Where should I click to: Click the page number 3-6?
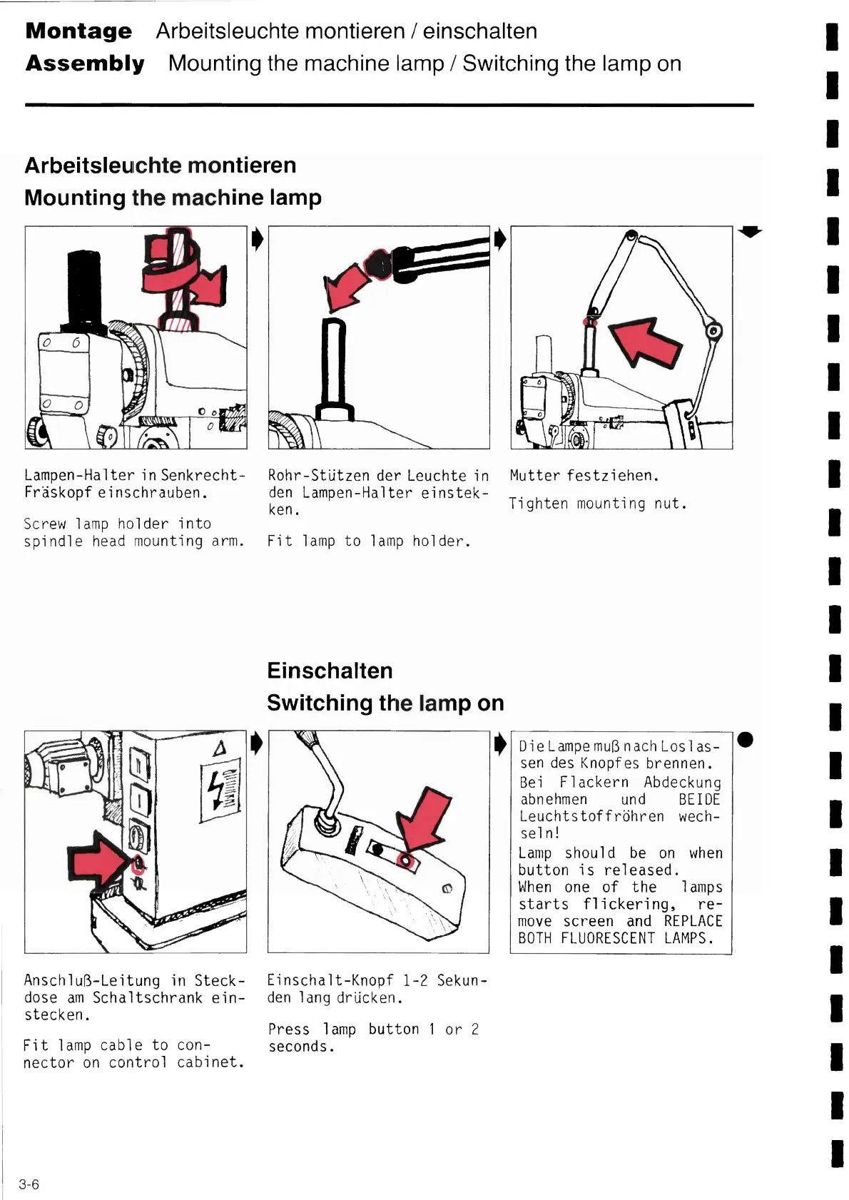coord(29,1184)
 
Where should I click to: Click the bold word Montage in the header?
coord(78,31)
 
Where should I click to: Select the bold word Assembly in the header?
coord(85,63)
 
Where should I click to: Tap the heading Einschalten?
coord(330,671)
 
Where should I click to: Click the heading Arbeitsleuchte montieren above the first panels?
coord(161,166)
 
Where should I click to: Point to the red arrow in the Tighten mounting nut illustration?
coord(646,341)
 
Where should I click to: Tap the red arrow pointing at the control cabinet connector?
coord(97,860)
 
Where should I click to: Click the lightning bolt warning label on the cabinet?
coord(220,790)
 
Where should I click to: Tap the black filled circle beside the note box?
coord(745,739)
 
